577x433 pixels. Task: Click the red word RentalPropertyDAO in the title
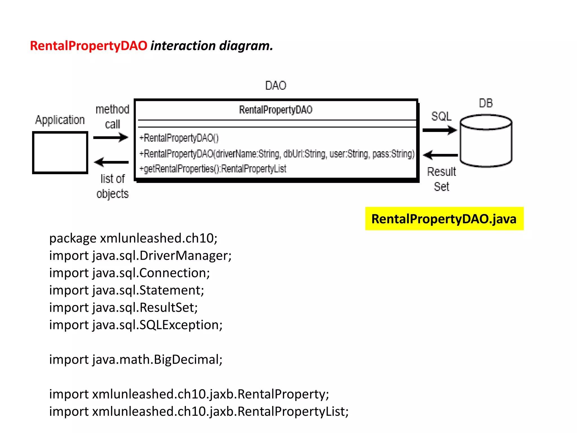[88, 46]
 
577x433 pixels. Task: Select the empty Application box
[60, 153]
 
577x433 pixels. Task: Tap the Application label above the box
[60, 120]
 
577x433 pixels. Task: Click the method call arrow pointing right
[111, 138]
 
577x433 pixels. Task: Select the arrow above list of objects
[111, 162]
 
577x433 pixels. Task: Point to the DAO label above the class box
[276, 85]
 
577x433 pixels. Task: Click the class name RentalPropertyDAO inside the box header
[276, 110]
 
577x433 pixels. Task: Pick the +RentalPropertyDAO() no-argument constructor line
[179, 138]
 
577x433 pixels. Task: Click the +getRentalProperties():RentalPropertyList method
[213, 169]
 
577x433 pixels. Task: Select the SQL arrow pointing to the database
[440, 130]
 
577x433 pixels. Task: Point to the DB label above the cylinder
[486, 103]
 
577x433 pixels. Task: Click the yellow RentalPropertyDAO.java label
[444, 219]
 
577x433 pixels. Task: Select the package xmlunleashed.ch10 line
[133, 238]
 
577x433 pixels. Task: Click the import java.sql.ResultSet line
[123, 308]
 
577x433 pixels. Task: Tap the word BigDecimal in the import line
[188, 360]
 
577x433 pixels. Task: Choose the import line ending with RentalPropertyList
[199, 412]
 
